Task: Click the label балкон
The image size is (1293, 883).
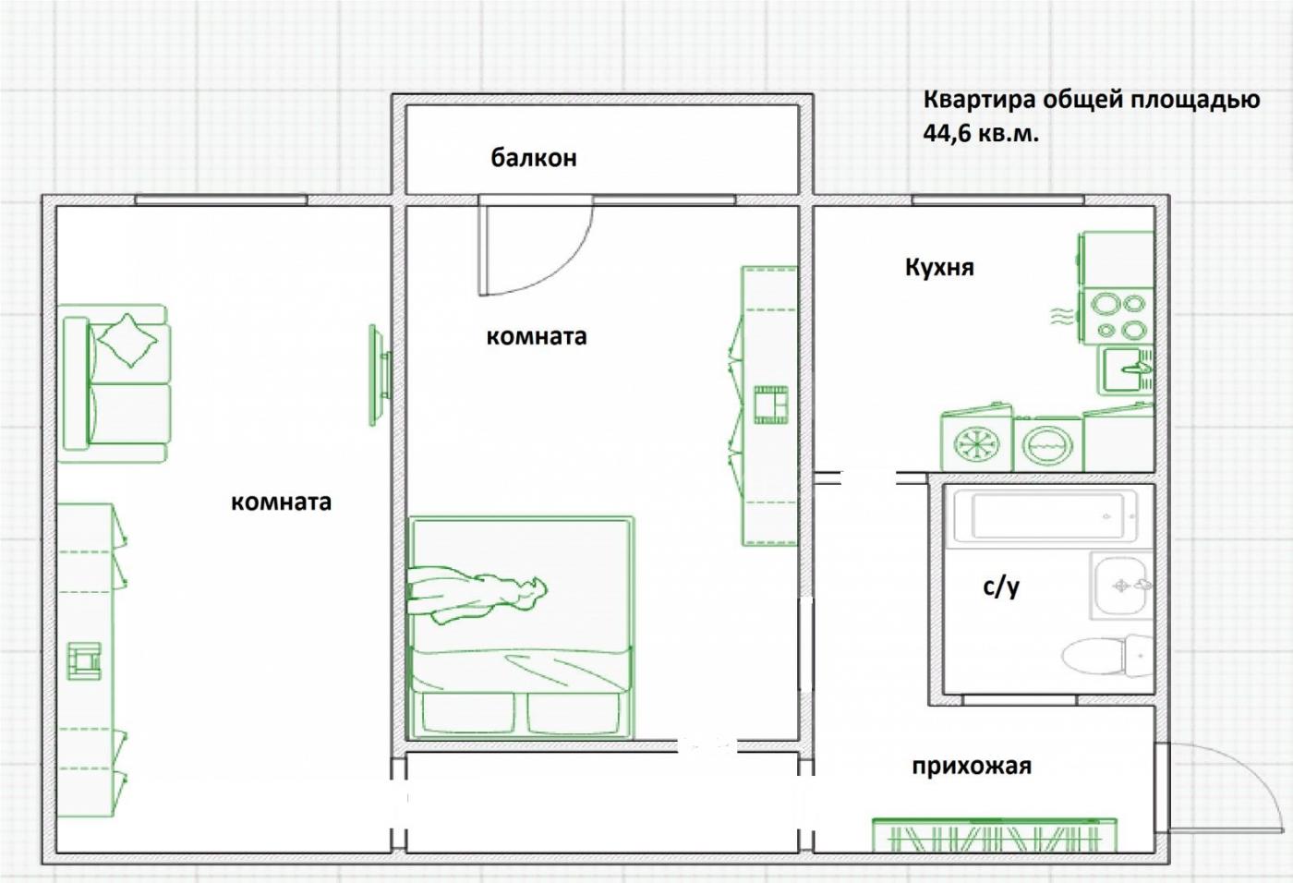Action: (x=534, y=158)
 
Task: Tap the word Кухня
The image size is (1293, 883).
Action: (x=939, y=268)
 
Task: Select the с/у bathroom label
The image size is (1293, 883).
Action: (x=1001, y=587)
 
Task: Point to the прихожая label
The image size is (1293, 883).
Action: (x=972, y=767)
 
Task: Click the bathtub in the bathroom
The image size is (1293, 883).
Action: (x=1045, y=516)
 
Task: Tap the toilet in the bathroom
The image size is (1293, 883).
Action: (x=1107, y=655)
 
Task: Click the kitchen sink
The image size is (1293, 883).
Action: (x=1125, y=370)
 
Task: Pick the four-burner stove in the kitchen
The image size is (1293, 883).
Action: (x=1117, y=317)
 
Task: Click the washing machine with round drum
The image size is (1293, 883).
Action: (x=1047, y=444)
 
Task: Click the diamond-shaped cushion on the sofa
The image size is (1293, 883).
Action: (x=127, y=340)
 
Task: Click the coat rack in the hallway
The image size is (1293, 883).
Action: (x=994, y=835)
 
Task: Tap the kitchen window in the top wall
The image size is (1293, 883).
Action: (x=998, y=200)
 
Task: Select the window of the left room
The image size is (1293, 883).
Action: (x=221, y=200)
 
